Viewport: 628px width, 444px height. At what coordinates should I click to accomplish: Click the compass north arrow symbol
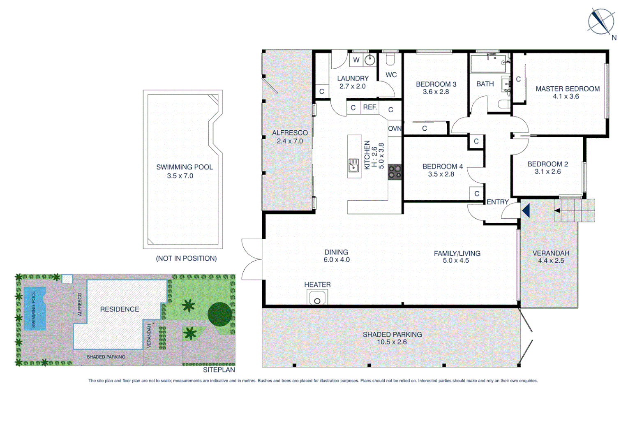click(600, 21)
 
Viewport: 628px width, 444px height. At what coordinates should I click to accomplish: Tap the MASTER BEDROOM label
click(567, 89)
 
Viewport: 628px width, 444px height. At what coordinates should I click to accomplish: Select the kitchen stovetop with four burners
click(395, 172)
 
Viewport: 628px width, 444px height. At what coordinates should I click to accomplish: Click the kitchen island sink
click(353, 165)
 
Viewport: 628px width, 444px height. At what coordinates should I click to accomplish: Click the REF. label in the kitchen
click(369, 107)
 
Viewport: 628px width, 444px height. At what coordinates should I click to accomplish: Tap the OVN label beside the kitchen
click(395, 129)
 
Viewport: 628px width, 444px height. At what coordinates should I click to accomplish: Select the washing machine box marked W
click(356, 60)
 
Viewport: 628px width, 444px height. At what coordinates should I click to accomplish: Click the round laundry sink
click(370, 60)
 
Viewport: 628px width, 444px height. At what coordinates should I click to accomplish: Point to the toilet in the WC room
click(390, 60)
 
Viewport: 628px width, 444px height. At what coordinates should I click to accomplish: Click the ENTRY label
click(497, 202)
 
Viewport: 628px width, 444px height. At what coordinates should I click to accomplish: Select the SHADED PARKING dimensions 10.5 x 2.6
click(392, 342)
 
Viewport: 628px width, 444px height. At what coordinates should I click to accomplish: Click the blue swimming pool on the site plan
click(35, 309)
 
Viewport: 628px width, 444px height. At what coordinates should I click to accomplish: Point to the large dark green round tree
click(219, 314)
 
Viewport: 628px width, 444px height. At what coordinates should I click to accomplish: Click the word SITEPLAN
click(219, 370)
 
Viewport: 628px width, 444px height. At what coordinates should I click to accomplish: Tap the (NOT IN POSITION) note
click(186, 258)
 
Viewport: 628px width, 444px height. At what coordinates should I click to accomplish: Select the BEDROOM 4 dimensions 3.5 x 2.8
click(441, 174)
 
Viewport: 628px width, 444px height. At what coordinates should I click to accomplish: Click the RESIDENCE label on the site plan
click(120, 309)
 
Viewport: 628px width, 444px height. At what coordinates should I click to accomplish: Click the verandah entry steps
click(574, 210)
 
